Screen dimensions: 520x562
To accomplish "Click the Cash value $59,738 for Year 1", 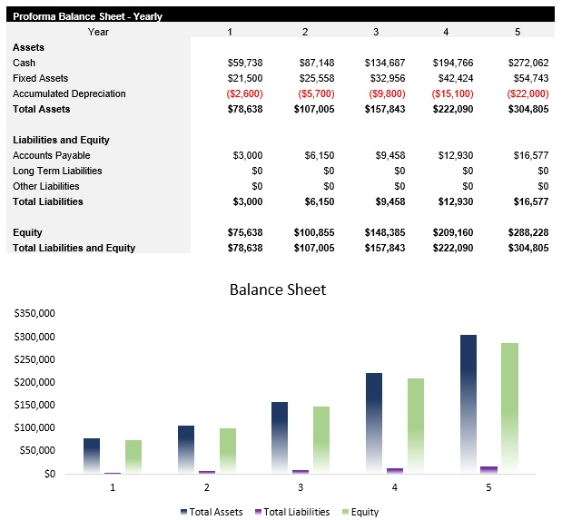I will pos(244,63).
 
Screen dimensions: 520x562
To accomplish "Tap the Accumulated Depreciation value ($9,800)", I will pos(384,93).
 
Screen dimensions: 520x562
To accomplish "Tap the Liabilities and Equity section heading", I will pos(61,140).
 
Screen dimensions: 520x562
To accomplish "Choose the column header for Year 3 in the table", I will pos(376,32).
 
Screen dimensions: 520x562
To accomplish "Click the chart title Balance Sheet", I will pos(277,289).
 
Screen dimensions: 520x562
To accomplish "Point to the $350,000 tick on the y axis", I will pos(35,313).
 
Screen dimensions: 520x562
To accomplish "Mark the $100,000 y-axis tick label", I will pos(35,427).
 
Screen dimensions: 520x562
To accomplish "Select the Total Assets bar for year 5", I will pos(468,404).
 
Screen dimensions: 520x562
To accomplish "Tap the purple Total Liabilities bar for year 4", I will pos(395,470).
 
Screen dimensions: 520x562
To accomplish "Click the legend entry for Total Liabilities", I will pos(291,512).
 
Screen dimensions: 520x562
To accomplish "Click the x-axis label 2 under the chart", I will pos(207,487).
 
